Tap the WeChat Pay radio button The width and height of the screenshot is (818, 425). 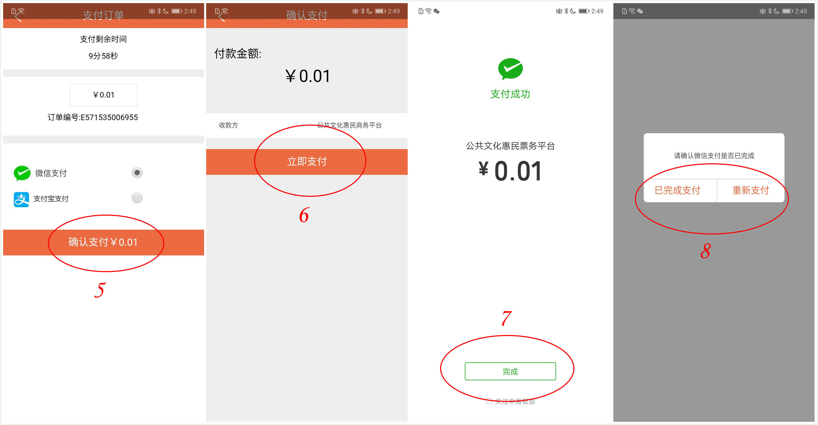(x=137, y=173)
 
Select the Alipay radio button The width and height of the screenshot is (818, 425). (x=137, y=198)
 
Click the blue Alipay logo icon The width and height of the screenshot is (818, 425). (x=21, y=199)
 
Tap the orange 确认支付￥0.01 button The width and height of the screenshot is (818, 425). (x=104, y=242)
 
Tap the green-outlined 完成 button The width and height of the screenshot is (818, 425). (x=510, y=371)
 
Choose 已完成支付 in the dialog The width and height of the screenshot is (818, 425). (x=678, y=190)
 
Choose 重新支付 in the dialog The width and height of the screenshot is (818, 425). (x=751, y=190)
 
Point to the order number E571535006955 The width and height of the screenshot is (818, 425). (x=109, y=118)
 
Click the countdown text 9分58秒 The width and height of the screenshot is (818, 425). (x=103, y=56)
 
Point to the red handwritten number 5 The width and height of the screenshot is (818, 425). (x=100, y=290)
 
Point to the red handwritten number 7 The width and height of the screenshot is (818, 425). (x=507, y=318)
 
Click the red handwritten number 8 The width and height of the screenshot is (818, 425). (x=705, y=251)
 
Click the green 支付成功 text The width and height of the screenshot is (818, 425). (x=510, y=94)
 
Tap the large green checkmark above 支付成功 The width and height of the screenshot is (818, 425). (x=510, y=69)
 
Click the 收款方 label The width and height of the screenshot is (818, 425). (x=228, y=125)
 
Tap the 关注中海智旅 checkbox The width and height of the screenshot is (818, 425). (x=489, y=401)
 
